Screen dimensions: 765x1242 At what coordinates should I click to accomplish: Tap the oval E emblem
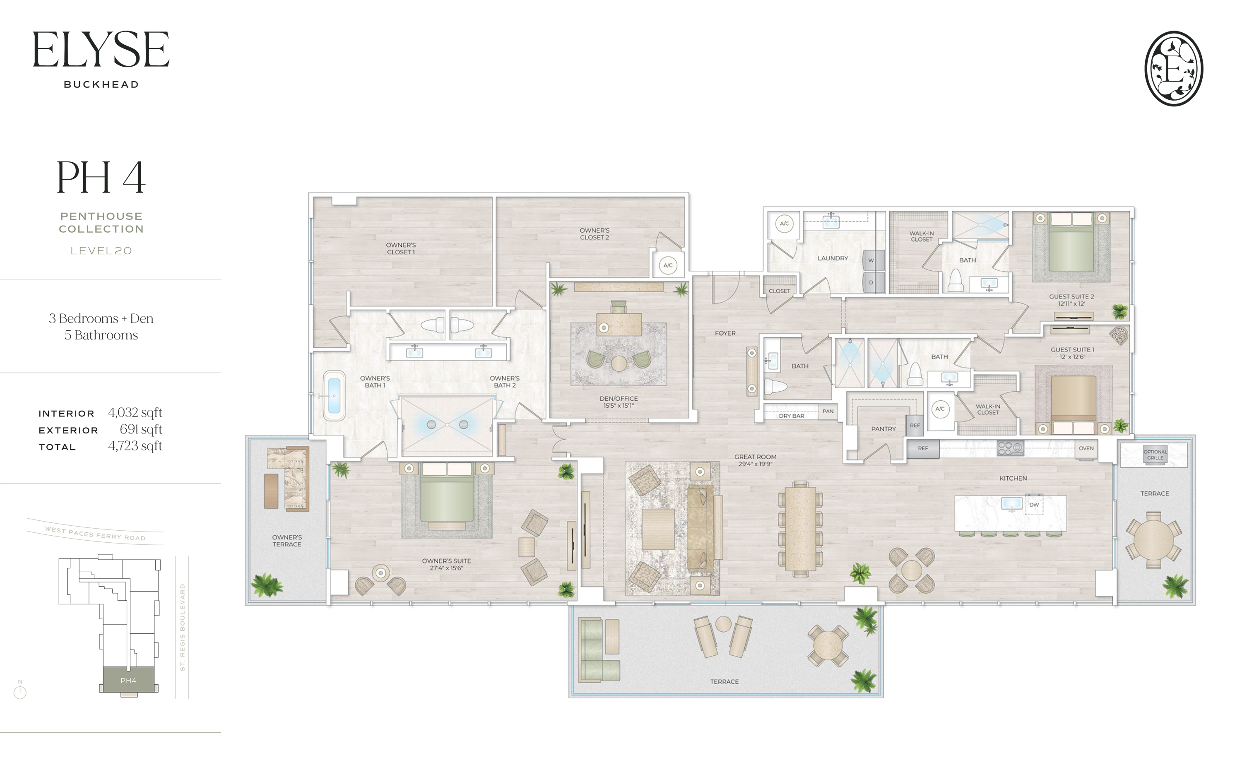point(1173,68)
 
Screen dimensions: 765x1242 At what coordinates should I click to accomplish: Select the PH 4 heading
point(101,178)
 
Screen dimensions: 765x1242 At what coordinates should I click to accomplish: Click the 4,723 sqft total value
point(135,446)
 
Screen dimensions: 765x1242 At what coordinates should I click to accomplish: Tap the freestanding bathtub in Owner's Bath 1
point(334,396)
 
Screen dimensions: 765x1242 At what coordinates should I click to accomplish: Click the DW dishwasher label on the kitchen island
point(1034,505)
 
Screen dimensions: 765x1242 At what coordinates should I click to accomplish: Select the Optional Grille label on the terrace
point(1155,455)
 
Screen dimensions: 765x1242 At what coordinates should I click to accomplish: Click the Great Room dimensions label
point(755,464)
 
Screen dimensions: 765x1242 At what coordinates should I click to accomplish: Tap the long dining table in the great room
point(800,529)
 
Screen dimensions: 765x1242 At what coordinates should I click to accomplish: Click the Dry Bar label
point(791,416)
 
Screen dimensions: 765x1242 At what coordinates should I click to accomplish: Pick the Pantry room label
point(883,429)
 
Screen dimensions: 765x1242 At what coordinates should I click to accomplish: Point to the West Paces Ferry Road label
point(95,534)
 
